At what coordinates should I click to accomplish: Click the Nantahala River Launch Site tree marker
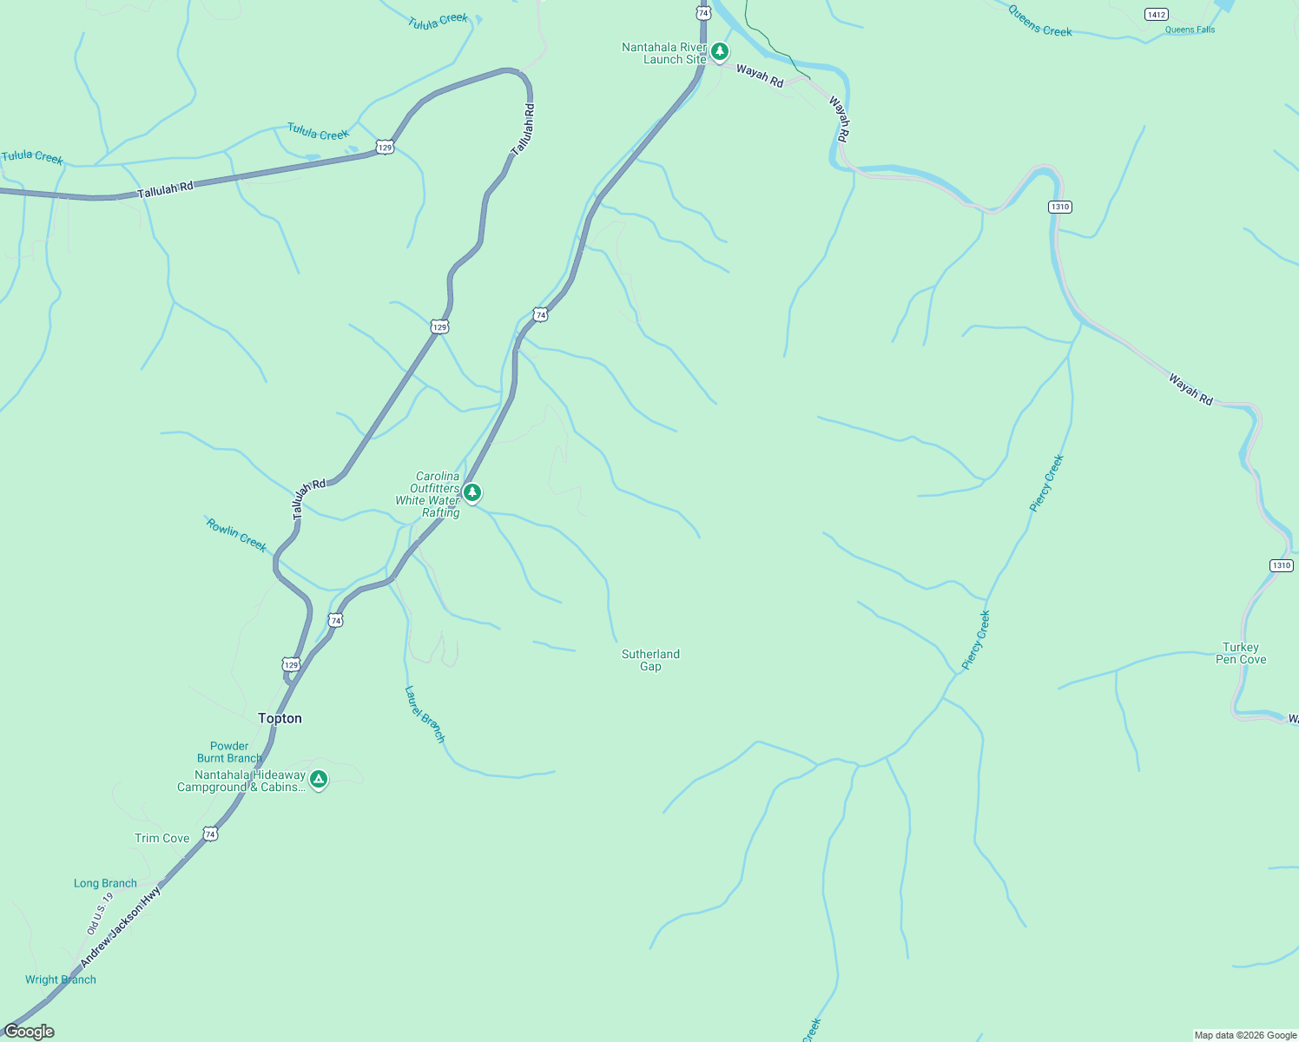click(x=720, y=52)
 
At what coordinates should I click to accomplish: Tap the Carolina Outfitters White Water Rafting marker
click(x=471, y=492)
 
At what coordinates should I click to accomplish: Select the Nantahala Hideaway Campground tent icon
click(x=319, y=780)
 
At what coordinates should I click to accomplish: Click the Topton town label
click(x=280, y=718)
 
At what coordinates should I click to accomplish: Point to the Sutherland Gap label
click(x=650, y=660)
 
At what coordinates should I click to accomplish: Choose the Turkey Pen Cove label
click(x=1241, y=653)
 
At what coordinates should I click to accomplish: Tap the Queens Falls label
click(x=1190, y=30)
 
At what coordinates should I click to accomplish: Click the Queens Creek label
click(x=1040, y=20)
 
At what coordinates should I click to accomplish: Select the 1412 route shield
click(x=1156, y=14)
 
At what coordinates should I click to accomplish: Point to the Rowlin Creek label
click(x=236, y=535)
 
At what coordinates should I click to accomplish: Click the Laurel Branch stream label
click(x=425, y=714)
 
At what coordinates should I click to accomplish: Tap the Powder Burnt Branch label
click(x=229, y=752)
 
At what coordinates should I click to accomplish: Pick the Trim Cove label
click(x=162, y=838)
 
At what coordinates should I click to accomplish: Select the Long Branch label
click(x=105, y=883)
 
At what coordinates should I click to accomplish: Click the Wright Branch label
click(x=61, y=979)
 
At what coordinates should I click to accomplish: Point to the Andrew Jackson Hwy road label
click(x=121, y=927)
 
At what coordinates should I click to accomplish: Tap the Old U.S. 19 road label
click(x=100, y=913)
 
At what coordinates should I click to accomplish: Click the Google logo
click(x=30, y=1032)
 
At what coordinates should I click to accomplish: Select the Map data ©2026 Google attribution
click(x=1245, y=1035)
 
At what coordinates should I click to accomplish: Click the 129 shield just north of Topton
click(x=291, y=664)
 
